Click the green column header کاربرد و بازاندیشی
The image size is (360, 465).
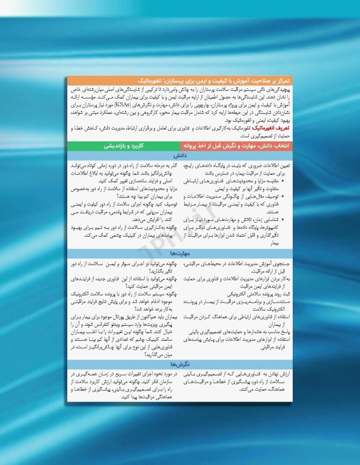tap(122, 146)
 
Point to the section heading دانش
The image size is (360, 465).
tap(181, 156)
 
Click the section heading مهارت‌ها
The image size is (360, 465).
tap(181, 254)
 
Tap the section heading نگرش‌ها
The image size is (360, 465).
tap(181, 364)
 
